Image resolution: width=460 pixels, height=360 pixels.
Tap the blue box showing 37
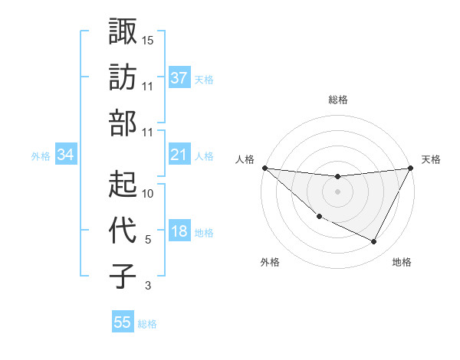coord(179,78)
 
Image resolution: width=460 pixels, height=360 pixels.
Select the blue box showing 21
coord(179,155)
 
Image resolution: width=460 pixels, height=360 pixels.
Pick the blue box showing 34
coord(66,155)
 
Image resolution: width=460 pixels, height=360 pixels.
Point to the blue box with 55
coord(123,322)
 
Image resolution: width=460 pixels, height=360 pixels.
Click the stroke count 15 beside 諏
coord(148,40)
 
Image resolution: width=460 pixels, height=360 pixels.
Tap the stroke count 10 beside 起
coord(148,193)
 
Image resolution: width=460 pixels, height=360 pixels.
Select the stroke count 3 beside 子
coord(148,286)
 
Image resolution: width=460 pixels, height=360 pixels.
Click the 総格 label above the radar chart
coord(338,100)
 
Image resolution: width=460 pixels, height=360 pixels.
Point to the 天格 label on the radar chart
coord(431,159)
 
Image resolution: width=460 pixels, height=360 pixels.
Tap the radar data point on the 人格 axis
coord(264,168)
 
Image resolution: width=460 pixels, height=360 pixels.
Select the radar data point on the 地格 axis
coord(374,242)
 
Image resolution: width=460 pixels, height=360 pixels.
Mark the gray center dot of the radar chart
coord(338,191)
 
